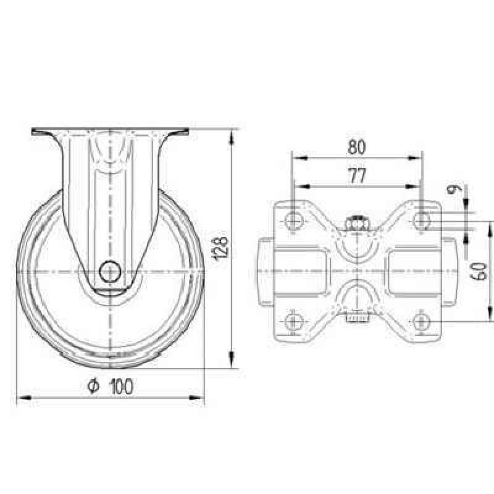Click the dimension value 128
click(220, 245)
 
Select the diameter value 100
click(121, 387)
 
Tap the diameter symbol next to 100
click(93, 387)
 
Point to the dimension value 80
click(357, 147)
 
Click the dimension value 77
click(358, 176)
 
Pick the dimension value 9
click(454, 189)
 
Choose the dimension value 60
click(478, 271)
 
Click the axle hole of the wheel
click(111, 271)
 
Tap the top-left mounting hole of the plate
click(294, 220)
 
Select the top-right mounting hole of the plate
click(422, 220)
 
